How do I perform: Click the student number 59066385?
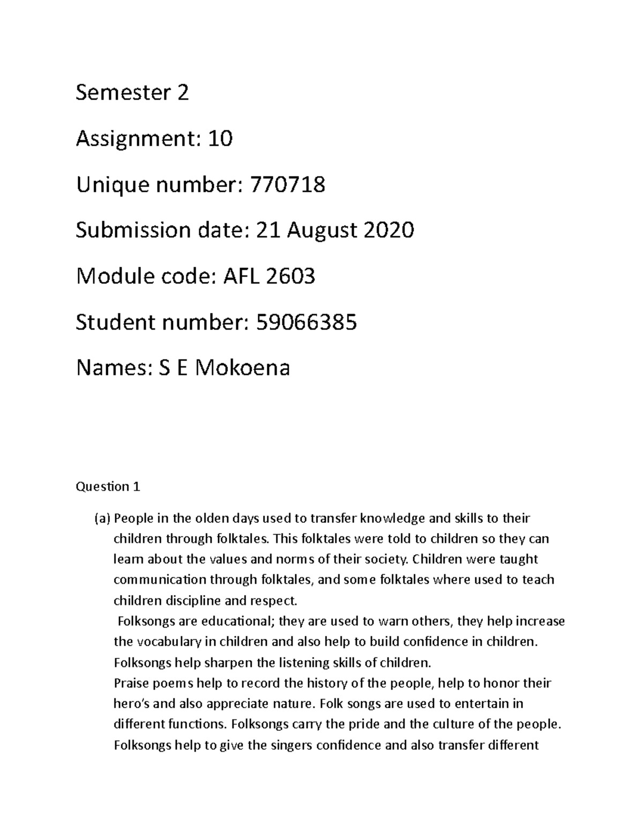coord(306,323)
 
